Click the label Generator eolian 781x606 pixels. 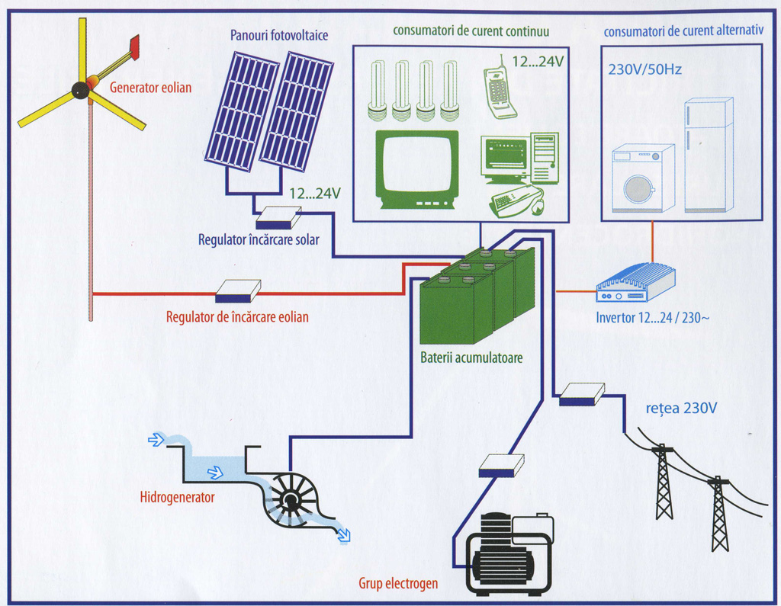point(150,88)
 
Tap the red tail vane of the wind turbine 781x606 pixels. point(134,47)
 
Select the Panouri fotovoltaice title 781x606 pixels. point(279,35)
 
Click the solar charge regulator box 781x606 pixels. point(278,217)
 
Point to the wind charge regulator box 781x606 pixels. point(238,290)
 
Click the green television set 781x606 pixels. point(417,169)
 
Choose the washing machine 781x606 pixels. point(642,178)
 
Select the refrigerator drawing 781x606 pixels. point(709,155)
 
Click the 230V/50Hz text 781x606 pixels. point(644,69)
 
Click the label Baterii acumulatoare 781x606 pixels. point(471,358)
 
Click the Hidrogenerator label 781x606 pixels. point(177,497)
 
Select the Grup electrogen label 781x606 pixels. point(398,583)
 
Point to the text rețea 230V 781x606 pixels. point(681,409)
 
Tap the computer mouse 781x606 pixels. point(538,206)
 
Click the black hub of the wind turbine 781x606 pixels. point(80,90)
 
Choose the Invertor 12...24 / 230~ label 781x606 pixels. point(653,318)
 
